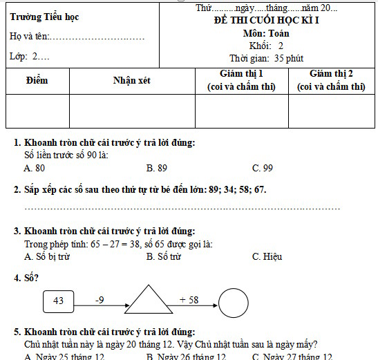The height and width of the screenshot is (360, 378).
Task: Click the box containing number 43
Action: pos(58,301)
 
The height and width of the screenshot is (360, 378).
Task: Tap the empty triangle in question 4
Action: pos(151,301)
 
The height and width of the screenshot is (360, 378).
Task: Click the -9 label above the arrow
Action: pos(100,300)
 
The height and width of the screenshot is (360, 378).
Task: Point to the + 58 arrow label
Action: pos(189,300)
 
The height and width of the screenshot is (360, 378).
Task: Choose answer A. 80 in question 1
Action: pos(35,168)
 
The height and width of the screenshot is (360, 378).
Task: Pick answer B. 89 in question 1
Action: pos(157,168)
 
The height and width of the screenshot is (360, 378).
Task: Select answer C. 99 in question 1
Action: pos(263,168)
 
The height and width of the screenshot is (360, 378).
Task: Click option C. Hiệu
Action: pos(267,256)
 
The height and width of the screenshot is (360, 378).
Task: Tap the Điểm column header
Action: pos(37,81)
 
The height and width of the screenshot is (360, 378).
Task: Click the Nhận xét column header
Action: pos(132,81)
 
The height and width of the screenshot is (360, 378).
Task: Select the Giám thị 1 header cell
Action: pos(241,80)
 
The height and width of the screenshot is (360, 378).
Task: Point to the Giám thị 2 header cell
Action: pos(331,80)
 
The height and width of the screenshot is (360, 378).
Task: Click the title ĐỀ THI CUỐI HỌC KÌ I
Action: pos(266,21)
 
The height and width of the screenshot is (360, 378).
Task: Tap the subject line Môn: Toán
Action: pos(266,33)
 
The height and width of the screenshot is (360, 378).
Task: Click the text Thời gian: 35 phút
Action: pos(266,58)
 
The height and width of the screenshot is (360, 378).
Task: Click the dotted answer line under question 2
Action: pos(182,208)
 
